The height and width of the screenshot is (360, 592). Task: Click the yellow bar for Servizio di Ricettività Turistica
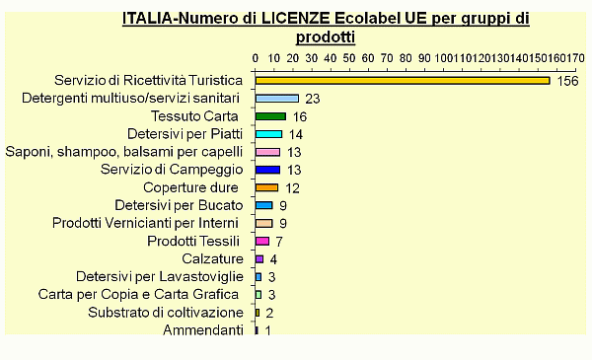tap(402, 80)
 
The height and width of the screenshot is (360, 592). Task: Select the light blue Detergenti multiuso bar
tap(277, 99)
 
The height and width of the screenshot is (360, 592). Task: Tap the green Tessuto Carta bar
tap(270, 116)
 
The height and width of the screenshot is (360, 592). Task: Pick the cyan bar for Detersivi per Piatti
tap(268, 134)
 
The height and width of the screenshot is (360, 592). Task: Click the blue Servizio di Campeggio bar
tap(267, 170)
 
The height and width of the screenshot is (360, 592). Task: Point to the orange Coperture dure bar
tap(266, 187)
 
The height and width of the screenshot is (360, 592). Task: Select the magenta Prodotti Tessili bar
tap(261, 241)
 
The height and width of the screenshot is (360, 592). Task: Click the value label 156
tap(567, 81)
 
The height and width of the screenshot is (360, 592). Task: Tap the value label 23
tap(313, 99)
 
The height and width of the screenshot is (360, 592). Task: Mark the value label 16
tap(300, 116)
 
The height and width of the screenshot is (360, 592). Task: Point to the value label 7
tap(279, 241)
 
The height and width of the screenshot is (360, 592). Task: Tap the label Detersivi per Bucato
tap(179, 205)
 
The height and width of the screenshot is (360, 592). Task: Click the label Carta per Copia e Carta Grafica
tap(140, 295)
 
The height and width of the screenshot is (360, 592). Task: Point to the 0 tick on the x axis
tap(256, 58)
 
